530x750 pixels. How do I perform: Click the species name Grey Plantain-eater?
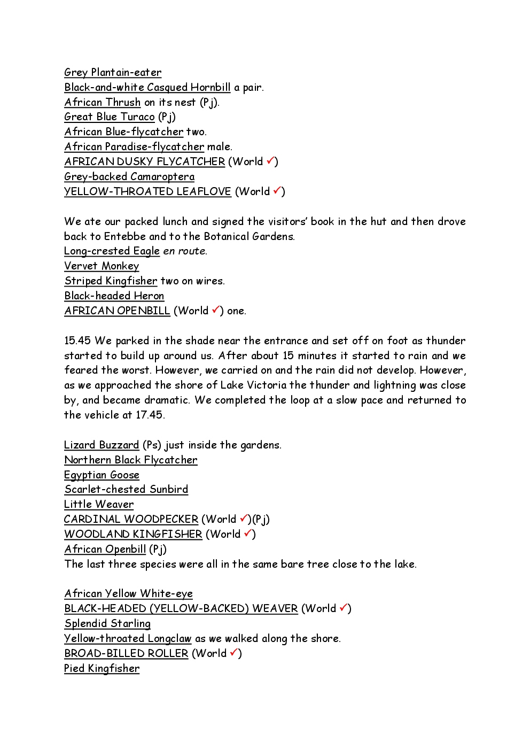point(113,73)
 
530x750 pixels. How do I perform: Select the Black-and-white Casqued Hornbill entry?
point(147,88)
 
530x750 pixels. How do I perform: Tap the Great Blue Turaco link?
point(110,117)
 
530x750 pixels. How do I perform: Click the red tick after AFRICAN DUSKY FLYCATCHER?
point(270,160)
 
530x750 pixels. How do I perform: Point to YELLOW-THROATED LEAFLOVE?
point(147,191)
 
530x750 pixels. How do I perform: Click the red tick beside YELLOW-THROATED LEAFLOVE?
point(277,190)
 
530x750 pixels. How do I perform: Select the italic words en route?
point(185,251)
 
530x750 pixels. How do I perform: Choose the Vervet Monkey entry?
point(102,266)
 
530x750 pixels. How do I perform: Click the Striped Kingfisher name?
point(111,281)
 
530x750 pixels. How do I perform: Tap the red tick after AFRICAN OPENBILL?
point(216,310)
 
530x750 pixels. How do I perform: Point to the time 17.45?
point(150,415)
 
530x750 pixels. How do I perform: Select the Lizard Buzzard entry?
point(102,445)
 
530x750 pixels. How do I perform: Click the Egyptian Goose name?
point(102,475)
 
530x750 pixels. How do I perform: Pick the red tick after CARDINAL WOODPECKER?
point(244,518)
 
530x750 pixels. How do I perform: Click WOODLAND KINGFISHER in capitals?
point(133,535)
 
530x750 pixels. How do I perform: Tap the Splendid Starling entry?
point(107,624)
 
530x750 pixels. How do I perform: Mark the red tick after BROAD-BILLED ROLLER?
point(234,652)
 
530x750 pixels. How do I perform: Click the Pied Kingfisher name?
point(102,669)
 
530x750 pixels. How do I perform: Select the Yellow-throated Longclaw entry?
point(128,639)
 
